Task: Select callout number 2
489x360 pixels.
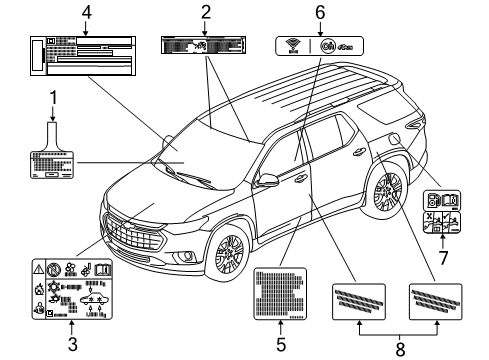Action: tap(205, 13)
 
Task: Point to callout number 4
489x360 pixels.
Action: tap(86, 13)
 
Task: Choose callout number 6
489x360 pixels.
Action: tap(321, 13)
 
